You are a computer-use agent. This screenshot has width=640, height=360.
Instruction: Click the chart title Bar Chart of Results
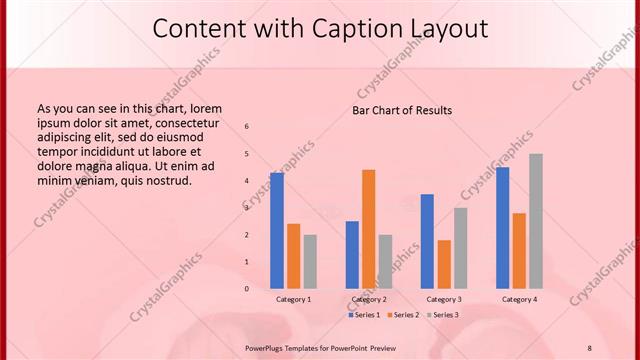[402, 110]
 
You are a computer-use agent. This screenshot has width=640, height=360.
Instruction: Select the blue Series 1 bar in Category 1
[277, 231]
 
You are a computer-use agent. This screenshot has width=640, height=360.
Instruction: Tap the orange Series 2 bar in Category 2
[369, 229]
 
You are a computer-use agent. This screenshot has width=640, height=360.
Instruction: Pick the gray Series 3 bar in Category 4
[536, 221]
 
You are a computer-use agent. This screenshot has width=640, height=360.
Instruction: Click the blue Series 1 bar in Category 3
[427, 241]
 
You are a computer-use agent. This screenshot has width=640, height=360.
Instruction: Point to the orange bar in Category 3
[444, 264]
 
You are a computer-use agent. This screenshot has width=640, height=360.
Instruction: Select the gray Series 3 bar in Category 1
[310, 261]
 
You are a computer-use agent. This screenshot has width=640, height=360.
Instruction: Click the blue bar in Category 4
[502, 227]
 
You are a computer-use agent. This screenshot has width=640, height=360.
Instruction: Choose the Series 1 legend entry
[364, 315]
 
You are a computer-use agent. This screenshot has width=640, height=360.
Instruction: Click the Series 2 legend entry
[402, 315]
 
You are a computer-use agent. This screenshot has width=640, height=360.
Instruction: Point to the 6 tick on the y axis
[247, 126]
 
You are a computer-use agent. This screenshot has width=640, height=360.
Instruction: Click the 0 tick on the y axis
[247, 289]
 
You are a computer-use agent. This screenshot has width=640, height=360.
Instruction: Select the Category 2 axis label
[369, 299]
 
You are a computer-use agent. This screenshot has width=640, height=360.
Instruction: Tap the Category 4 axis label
[519, 299]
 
